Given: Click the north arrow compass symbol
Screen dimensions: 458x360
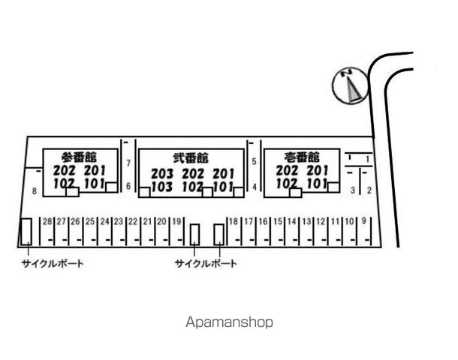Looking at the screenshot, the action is point(350,85).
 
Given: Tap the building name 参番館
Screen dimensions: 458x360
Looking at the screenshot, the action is point(79,157).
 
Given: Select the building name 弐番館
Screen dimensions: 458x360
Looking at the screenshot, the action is point(191,157).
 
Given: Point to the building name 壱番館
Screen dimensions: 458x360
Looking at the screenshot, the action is point(302,157).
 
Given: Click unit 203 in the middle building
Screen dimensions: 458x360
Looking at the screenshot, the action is point(162,174).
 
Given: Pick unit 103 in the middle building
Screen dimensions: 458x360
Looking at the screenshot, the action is point(162,187).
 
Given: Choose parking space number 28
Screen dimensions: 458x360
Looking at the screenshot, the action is point(47,222).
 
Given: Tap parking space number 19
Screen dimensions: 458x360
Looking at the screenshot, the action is point(176,222).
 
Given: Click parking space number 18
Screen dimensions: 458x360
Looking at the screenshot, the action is point(234,222).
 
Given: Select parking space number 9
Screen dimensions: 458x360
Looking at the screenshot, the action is point(363,220).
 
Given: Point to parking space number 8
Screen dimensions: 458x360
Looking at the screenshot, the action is point(35,191).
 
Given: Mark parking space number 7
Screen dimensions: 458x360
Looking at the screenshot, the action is point(128,163).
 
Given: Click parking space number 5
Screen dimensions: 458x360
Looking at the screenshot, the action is point(254,161).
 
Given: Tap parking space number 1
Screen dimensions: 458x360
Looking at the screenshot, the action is point(368,159).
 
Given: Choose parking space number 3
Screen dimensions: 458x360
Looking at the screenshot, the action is point(353,190).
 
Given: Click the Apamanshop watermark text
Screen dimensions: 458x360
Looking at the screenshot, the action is point(229,322).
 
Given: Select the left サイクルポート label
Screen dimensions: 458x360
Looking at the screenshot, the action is point(53,264).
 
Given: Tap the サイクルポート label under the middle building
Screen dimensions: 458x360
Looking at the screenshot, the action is point(206,264).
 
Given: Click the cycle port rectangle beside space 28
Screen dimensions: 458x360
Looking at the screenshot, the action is point(26,232).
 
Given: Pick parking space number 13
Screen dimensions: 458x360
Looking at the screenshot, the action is point(306,222).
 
